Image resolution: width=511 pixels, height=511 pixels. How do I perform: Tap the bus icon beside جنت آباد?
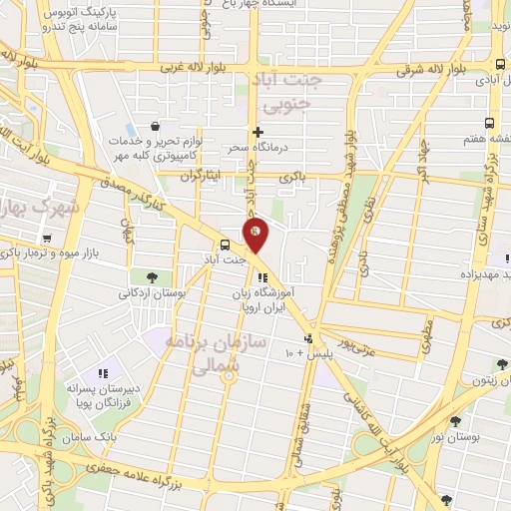coord(226,244)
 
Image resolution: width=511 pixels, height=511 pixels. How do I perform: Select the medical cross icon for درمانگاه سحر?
coord(257,132)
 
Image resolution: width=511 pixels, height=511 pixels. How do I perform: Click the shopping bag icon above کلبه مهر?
coord(156,126)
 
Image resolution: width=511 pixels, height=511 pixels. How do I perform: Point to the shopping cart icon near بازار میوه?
coord(47,239)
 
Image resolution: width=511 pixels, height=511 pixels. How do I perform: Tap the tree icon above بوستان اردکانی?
coord(151,277)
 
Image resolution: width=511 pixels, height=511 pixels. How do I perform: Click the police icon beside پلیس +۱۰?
coord(309,338)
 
